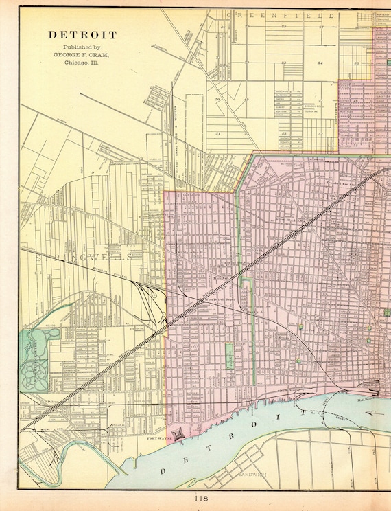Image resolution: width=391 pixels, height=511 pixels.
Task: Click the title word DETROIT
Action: (x=82, y=34)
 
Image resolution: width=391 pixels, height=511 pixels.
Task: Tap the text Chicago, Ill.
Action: (x=82, y=62)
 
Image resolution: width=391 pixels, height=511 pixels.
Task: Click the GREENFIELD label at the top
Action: (x=281, y=14)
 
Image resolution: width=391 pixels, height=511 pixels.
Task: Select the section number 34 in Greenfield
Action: (x=320, y=63)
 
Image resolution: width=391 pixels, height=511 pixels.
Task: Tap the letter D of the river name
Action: (x=165, y=470)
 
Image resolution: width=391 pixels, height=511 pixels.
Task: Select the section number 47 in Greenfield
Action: (x=320, y=100)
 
